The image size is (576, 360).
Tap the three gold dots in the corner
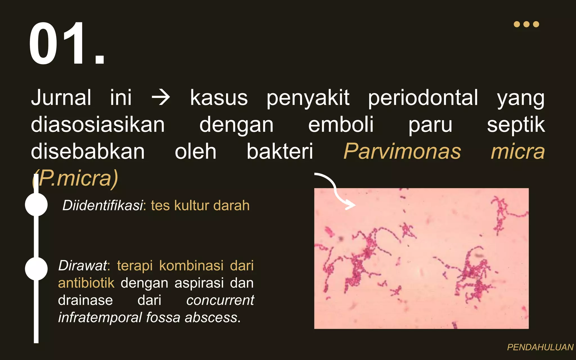click(x=526, y=24)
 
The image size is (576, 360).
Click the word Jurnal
click(x=61, y=98)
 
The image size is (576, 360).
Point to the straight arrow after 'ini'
click(x=161, y=98)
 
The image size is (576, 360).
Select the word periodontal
click(x=423, y=98)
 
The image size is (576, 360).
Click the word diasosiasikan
click(x=98, y=125)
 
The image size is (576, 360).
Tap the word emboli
click(x=341, y=125)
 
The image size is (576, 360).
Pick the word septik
click(x=516, y=125)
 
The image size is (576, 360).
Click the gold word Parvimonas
click(x=402, y=151)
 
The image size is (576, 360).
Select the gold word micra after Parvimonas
click(x=517, y=151)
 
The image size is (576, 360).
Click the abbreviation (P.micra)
click(x=75, y=178)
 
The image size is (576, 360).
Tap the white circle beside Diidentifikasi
click(x=36, y=204)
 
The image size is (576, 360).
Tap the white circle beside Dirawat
click(x=36, y=269)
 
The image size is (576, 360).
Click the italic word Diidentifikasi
click(x=103, y=205)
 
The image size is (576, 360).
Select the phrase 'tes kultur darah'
click(x=200, y=205)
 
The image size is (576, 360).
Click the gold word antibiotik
click(x=86, y=283)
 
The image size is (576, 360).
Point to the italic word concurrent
click(x=220, y=300)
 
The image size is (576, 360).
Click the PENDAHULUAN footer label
click(x=540, y=347)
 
